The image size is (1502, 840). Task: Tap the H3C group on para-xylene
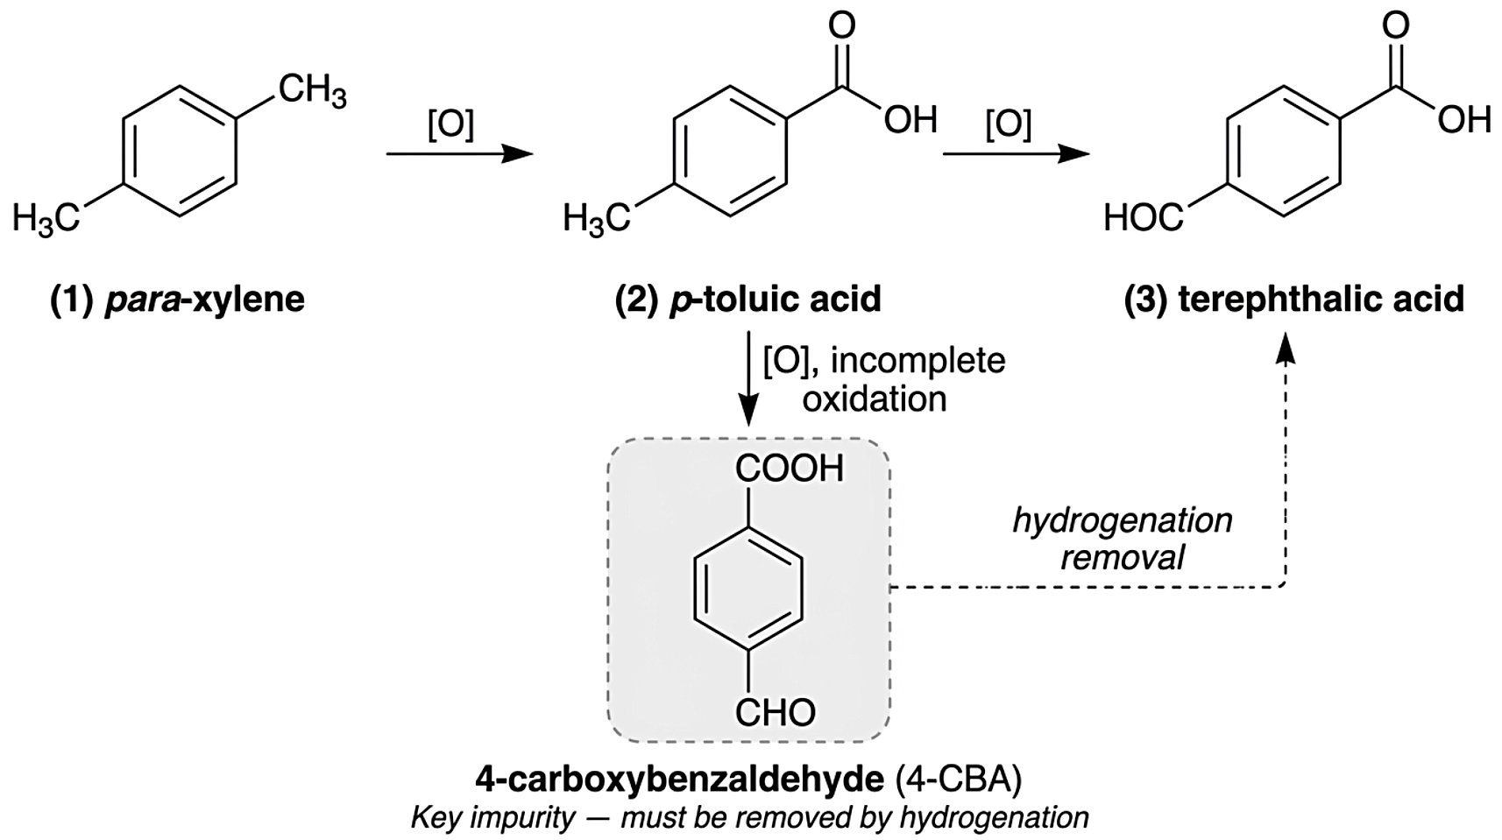[46, 218]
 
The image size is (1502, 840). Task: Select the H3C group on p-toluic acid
[596, 218]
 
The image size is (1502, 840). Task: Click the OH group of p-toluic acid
[910, 120]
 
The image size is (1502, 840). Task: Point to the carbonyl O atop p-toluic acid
[841, 25]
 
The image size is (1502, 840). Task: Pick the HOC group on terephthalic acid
[1144, 218]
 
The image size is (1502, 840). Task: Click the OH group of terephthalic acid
[1464, 120]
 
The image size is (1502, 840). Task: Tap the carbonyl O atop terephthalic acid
[1396, 25]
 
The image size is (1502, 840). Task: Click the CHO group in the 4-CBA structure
[776, 712]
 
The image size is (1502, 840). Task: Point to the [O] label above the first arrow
[451, 124]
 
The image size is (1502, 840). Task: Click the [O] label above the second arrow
[1008, 124]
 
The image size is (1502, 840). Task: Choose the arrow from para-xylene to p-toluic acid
[460, 155]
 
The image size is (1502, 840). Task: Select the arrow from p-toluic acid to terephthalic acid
[1017, 155]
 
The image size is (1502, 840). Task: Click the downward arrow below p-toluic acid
[748, 378]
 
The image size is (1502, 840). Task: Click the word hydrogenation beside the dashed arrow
[1122, 521]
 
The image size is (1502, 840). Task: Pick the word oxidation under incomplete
[875, 399]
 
